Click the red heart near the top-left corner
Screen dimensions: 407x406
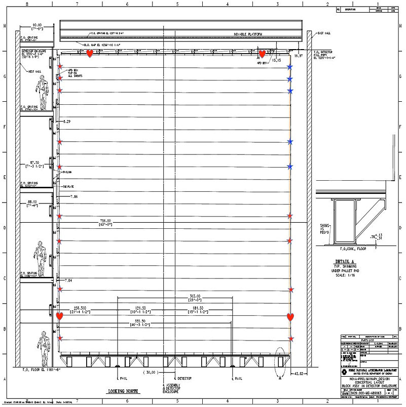[90, 53]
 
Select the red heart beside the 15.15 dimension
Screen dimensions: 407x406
[262, 54]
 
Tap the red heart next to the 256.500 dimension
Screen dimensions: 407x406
[59, 316]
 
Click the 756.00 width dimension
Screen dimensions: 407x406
[105, 221]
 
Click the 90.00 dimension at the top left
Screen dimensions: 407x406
[37, 25]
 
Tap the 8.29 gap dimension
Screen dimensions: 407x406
[67, 122]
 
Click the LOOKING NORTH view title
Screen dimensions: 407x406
[123, 391]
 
